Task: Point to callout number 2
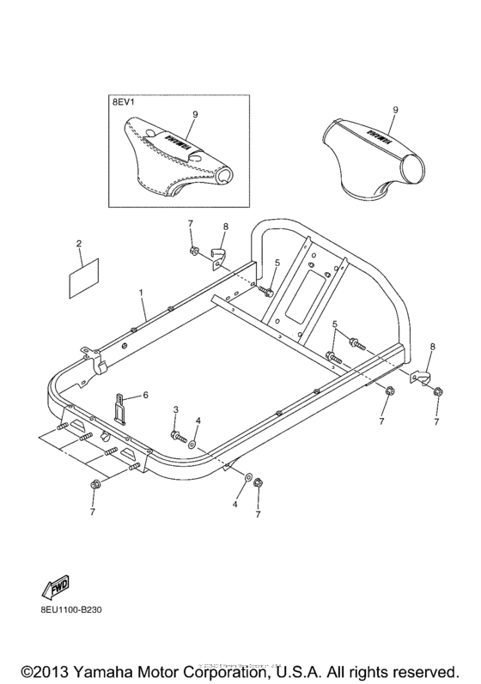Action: pyautogui.click(x=79, y=244)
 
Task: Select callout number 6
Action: pyautogui.click(x=145, y=395)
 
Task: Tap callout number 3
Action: pyautogui.click(x=175, y=409)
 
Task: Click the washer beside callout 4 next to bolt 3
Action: pyautogui.click(x=192, y=445)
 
